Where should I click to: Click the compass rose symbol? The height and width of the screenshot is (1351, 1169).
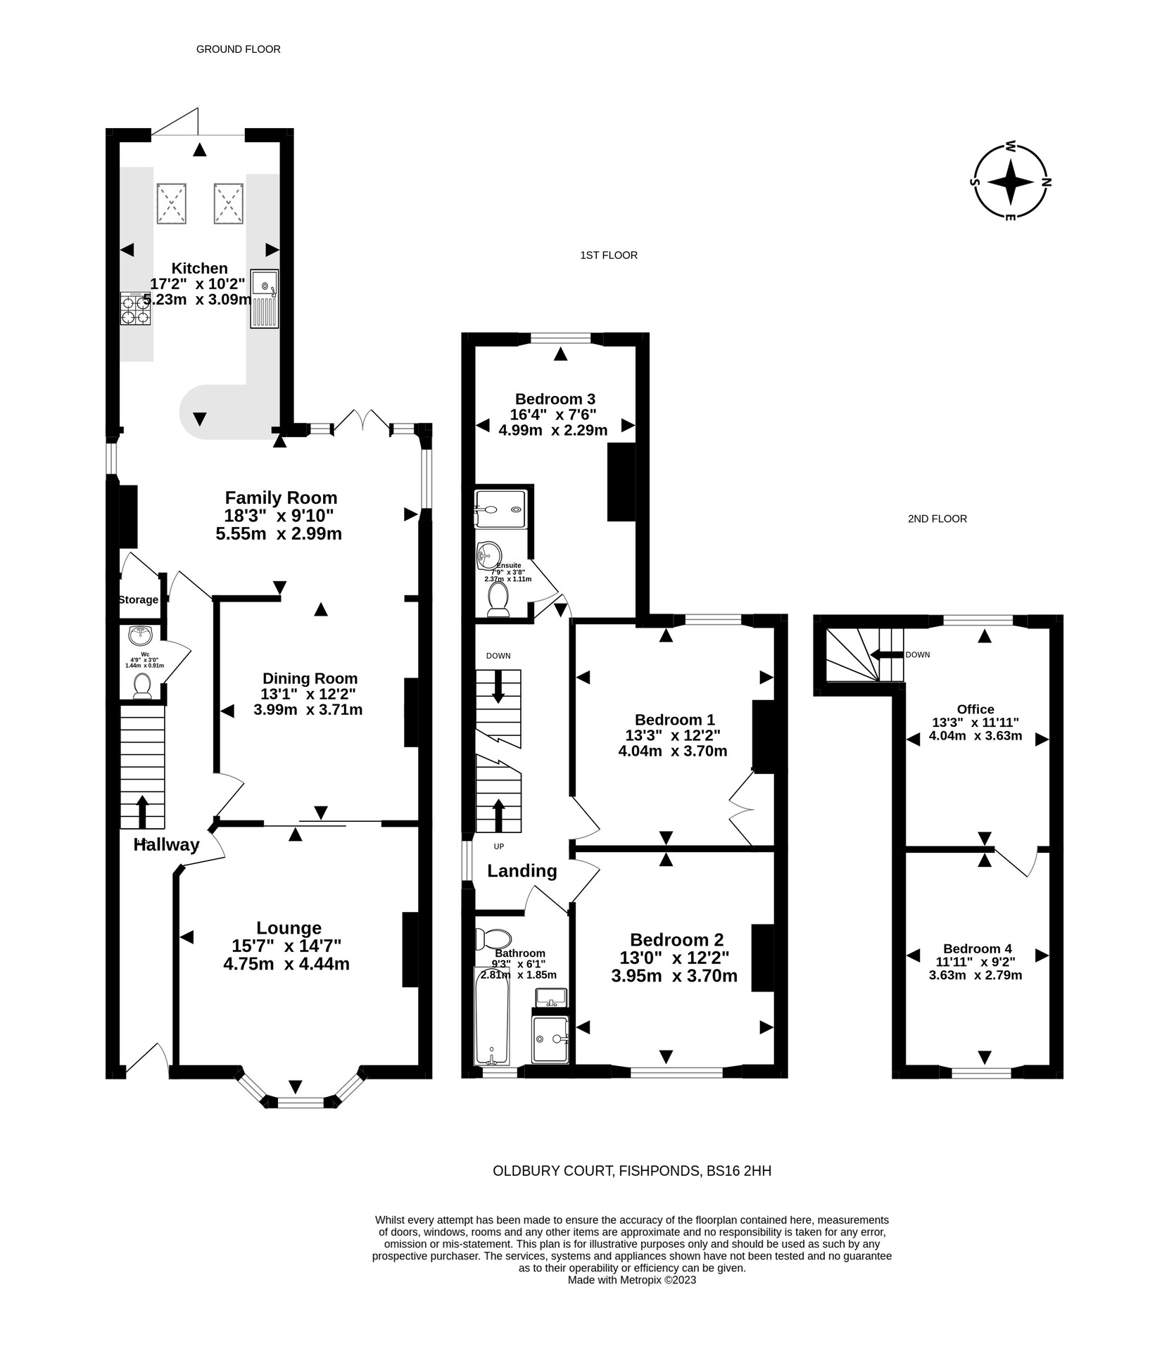[1010, 182]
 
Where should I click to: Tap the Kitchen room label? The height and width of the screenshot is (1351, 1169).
[200, 268]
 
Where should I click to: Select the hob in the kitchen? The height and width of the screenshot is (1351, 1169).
[135, 308]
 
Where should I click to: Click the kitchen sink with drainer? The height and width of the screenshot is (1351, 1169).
[265, 299]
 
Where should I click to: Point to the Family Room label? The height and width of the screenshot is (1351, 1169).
[281, 497]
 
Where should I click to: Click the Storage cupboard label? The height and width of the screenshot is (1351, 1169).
[138, 600]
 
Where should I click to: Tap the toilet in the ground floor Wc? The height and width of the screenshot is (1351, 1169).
[142, 685]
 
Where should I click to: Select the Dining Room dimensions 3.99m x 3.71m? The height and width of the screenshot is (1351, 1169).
[308, 710]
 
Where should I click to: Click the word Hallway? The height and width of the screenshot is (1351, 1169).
[167, 845]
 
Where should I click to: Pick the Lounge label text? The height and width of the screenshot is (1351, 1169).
[289, 928]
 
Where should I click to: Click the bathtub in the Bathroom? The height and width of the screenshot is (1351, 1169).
[491, 1016]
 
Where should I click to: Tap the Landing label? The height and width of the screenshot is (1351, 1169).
[522, 871]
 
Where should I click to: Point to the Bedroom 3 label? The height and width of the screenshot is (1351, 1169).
[555, 398]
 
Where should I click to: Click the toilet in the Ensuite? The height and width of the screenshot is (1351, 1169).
[498, 598]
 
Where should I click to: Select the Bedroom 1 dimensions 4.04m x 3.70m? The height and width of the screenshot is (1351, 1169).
[672, 751]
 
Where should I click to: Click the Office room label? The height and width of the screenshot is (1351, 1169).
[975, 709]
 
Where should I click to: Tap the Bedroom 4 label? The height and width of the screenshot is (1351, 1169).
[977, 949]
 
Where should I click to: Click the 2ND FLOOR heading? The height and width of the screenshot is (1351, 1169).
[937, 519]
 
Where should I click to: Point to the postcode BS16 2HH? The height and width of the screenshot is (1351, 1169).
[739, 1171]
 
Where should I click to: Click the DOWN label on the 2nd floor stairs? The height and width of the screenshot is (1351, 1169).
[917, 654]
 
